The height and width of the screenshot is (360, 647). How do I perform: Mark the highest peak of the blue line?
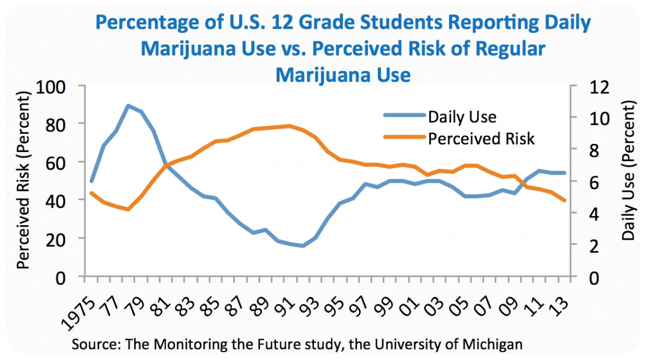pos(128,106)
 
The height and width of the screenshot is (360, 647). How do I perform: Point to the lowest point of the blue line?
pos(303,246)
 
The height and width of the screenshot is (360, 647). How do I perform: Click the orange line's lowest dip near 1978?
pos(128,209)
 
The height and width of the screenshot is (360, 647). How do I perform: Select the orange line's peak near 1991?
pos(290,126)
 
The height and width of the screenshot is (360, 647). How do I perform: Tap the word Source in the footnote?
pos(94,343)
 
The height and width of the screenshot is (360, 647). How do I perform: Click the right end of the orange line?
pos(565,200)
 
